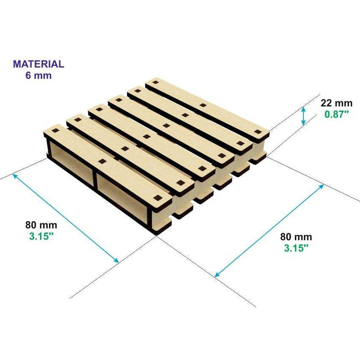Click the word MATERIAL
pos(38,64)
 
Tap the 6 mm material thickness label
pos(38,76)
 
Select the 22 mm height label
pos(336,103)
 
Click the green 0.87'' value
pos(337,114)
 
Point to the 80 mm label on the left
pos(41,225)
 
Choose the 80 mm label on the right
pos(296,237)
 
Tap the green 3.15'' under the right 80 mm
pos(296,248)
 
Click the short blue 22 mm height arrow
pos(303,116)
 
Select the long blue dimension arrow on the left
pos(66,218)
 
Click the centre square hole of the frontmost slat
pos(103,161)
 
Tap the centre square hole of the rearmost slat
pos(203,106)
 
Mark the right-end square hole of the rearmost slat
pos(258,132)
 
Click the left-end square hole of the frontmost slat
pos(55,131)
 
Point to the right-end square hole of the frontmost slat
pos(158,198)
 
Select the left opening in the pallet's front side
pos(72,162)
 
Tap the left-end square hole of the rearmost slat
pos(155,82)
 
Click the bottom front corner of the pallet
pos(156,235)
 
